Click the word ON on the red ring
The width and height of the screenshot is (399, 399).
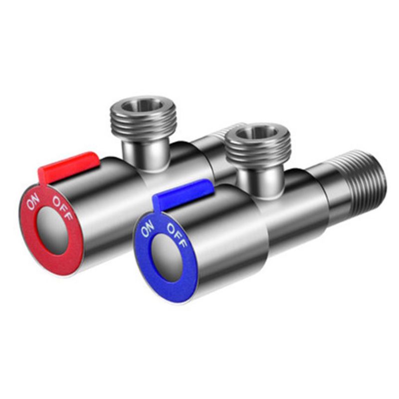point(33,201)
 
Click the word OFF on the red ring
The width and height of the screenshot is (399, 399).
point(63,207)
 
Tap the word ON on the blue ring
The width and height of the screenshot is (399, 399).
point(147,228)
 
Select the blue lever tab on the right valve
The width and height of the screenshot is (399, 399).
point(182,194)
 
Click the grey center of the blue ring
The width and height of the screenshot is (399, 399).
point(167,257)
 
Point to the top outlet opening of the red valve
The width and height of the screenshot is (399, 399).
point(143,104)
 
